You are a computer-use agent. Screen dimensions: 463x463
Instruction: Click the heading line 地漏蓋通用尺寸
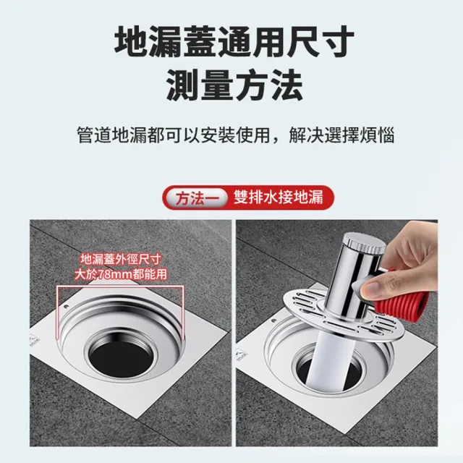[234, 41]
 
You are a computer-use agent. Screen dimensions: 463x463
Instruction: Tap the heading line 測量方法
[234, 85]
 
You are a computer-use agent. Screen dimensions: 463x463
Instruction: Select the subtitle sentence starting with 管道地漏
[236, 135]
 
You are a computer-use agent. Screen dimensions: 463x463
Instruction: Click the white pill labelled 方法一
[197, 197]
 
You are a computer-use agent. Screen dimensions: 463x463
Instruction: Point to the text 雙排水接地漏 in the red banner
[279, 197]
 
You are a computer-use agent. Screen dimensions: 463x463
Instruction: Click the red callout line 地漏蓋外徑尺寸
[121, 259]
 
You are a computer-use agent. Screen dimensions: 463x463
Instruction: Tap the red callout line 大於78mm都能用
[121, 274]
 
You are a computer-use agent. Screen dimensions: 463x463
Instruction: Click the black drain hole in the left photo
[122, 356]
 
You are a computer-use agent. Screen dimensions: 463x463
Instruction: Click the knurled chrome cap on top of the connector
[365, 243]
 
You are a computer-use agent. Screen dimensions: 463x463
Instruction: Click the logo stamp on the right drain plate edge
[240, 355]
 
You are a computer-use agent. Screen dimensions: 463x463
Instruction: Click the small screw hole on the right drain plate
[274, 320]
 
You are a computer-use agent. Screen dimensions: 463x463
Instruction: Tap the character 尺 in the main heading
[303, 41]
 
